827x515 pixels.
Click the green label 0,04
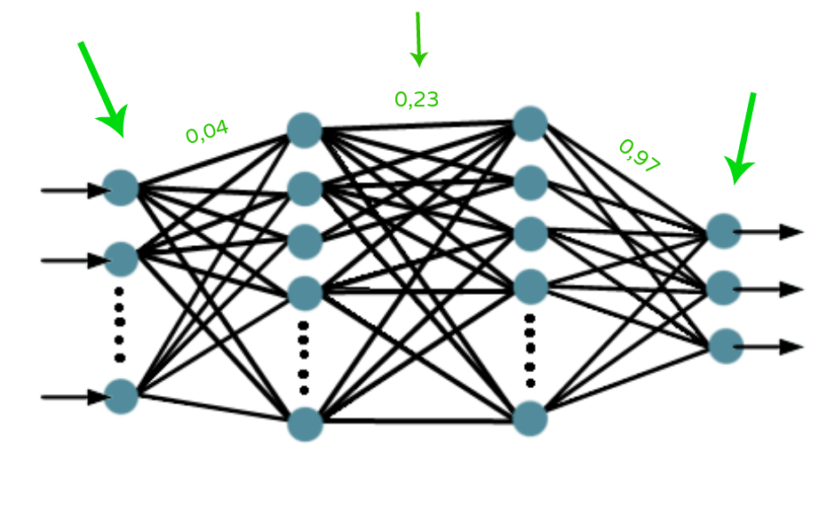pos(207,132)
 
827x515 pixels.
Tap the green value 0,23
pos(417,99)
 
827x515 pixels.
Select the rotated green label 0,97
pos(639,155)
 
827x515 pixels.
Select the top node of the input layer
pos(121,188)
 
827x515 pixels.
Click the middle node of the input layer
pos(122,259)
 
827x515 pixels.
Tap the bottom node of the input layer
pos(122,397)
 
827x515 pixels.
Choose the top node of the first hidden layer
pos(304,130)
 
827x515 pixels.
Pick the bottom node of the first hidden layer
pos(305,424)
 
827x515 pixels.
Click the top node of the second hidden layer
pos(530,123)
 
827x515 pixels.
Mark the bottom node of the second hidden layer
pos(530,418)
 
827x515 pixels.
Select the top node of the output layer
pos(724,231)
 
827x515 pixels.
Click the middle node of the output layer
pos(724,288)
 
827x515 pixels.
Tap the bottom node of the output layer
pos(726,346)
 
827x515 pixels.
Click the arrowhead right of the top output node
pos(790,233)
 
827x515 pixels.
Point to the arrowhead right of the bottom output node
pos(790,347)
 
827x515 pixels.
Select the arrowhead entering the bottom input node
pos(97,398)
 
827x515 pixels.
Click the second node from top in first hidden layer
pos(304,188)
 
